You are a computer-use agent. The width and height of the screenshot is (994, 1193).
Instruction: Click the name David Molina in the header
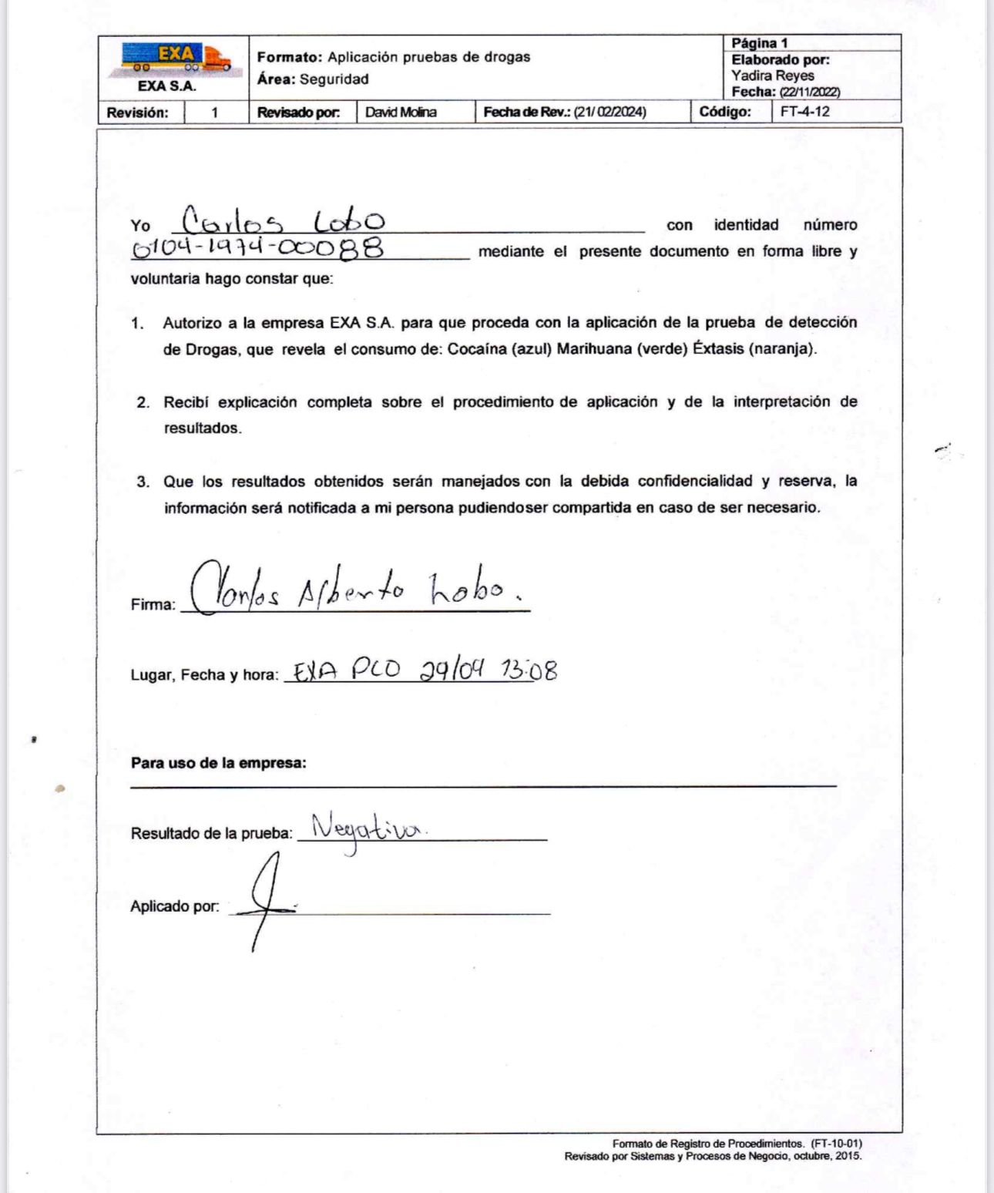tap(401, 113)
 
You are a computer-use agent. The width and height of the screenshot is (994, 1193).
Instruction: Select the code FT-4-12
tap(804, 112)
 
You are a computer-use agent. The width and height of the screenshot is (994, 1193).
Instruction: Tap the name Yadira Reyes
tap(772, 76)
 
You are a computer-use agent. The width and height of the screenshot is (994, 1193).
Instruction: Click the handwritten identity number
tap(258, 248)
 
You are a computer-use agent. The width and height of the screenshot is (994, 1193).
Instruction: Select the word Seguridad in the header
tap(334, 79)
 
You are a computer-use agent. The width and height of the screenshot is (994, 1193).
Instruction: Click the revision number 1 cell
tap(215, 113)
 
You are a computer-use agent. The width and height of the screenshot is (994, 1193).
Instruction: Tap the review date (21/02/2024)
tap(609, 113)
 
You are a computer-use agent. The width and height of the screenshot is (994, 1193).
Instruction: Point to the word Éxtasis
tap(718, 349)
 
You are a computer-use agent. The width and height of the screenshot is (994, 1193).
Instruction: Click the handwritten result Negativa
tap(368, 829)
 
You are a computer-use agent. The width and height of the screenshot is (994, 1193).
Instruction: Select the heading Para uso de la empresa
tap(218, 763)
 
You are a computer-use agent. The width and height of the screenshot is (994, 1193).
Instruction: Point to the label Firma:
tap(153, 605)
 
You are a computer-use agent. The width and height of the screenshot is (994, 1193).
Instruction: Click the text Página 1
tap(759, 43)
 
